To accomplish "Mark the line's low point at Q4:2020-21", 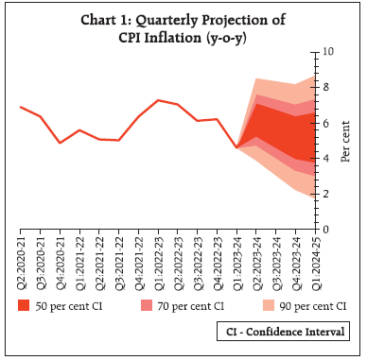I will tap(60, 143).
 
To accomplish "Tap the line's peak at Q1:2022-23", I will tap(158, 100).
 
